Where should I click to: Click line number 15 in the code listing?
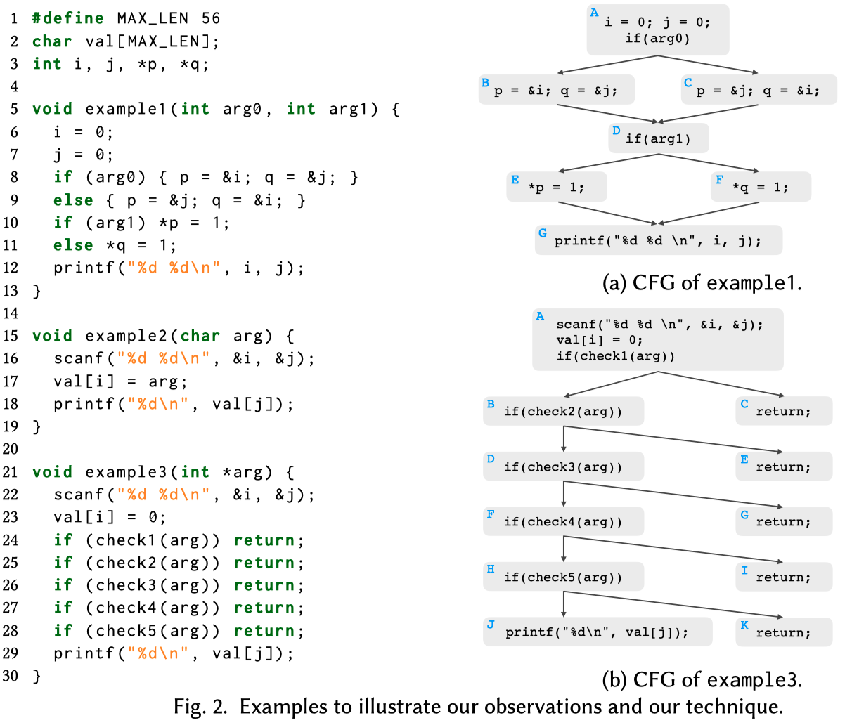pos(11,336)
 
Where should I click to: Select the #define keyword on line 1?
pos(68,18)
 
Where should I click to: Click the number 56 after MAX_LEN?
pos(210,18)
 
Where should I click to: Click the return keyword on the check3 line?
pos(264,585)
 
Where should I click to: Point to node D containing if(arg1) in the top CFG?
pos(658,138)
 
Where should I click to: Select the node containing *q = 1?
pos(761,187)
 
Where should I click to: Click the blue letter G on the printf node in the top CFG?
pos(542,233)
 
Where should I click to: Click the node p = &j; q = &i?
pos(759,90)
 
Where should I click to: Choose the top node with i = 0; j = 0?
pos(657,30)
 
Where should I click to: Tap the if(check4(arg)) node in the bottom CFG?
pos(563,521)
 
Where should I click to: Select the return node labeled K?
pos(783,632)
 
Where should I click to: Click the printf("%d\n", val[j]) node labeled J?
pos(597,632)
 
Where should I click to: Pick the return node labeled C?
pos(783,411)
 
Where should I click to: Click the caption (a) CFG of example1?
pos(702,282)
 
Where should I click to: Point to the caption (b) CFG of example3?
pos(702,679)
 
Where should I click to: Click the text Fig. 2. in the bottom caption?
pos(200,706)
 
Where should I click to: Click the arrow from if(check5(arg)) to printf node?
pos(564,604)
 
